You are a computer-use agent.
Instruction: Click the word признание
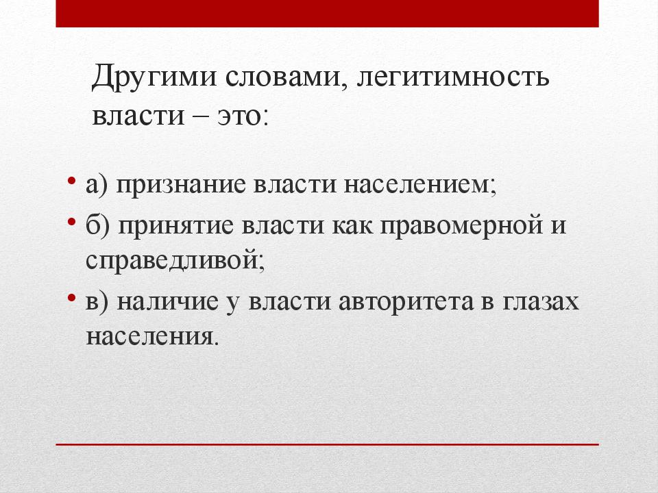(x=180, y=186)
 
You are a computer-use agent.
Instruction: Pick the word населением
(x=419, y=186)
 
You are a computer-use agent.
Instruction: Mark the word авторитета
(x=407, y=301)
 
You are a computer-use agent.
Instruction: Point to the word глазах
(x=541, y=301)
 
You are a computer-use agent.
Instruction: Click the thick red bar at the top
(x=327, y=14)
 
